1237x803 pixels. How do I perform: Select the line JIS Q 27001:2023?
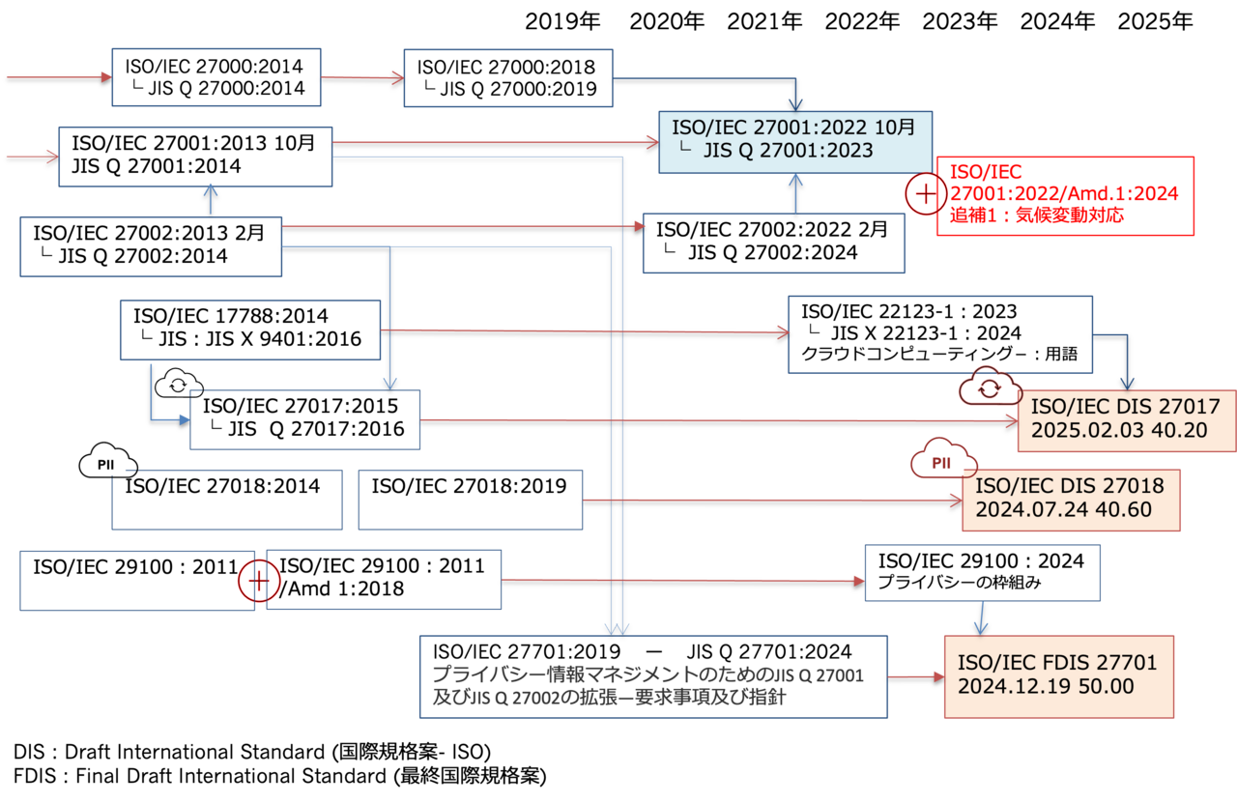click(x=789, y=151)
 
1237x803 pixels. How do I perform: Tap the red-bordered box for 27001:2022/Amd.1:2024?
click(x=1064, y=194)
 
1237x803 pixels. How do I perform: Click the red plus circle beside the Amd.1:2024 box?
click(x=925, y=193)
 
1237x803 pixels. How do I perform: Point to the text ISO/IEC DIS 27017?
click(x=1125, y=407)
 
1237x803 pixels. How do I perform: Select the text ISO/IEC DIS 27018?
click(x=1070, y=485)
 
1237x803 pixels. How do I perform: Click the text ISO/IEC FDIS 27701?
click(x=1057, y=663)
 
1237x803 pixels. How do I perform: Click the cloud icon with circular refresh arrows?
click(x=989, y=387)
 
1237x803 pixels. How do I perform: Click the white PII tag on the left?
click(x=107, y=465)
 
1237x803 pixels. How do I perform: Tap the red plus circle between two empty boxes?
click(x=259, y=581)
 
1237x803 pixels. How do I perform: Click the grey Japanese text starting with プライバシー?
click(x=647, y=685)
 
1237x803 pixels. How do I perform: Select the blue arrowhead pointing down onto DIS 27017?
click(x=1126, y=383)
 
